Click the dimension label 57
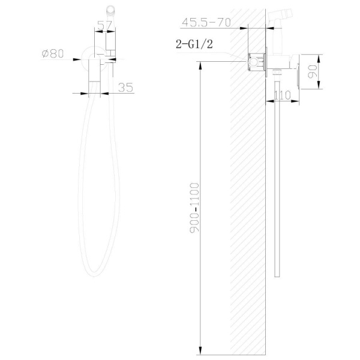coord(104,25)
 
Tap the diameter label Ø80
coord(53,53)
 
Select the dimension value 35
coord(125,88)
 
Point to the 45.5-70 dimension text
coord(206,23)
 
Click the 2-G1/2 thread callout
coord(194,44)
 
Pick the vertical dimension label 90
coord(312,71)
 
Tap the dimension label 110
coord(283,95)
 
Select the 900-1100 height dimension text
coord(194,208)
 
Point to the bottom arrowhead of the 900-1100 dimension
coord(200,350)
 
